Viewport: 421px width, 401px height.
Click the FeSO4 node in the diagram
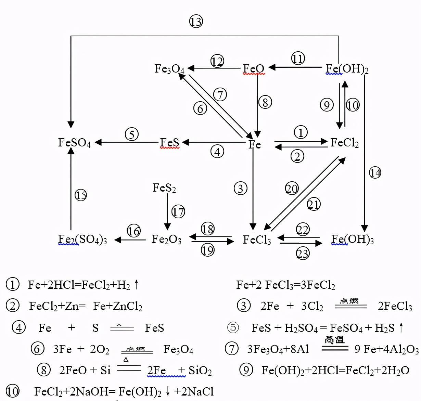click(x=74, y=142)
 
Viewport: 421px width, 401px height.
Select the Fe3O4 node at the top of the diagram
click(x=169, y=69)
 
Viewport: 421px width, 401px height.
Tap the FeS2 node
click(x=164, y=188)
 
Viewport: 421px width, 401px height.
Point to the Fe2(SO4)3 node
click(x=82, y=239)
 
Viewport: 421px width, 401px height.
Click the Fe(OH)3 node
click(x=352, y=239)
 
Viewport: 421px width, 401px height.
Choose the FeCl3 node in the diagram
click(x=257, y=240)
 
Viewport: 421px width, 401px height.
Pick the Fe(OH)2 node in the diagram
click(x=347, y=69)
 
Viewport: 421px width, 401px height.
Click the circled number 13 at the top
click(x=196, y=22)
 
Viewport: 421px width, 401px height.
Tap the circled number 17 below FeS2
click(x=178, y=212)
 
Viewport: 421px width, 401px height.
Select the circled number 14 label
click(x=375, y=172)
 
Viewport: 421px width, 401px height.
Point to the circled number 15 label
click(x=81, y=195)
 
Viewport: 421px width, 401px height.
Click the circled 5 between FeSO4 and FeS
click(x=132, y=134)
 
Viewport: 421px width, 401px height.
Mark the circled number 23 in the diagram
click(x=303, y=254)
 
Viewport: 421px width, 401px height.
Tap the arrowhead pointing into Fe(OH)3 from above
click(x=365, y=228)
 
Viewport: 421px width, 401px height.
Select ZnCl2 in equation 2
click(x=128, y=306)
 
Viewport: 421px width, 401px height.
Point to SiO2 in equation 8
click(x=200, y=371)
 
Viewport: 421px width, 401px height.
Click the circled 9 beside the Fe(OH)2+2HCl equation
click(x=246, y=370)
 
